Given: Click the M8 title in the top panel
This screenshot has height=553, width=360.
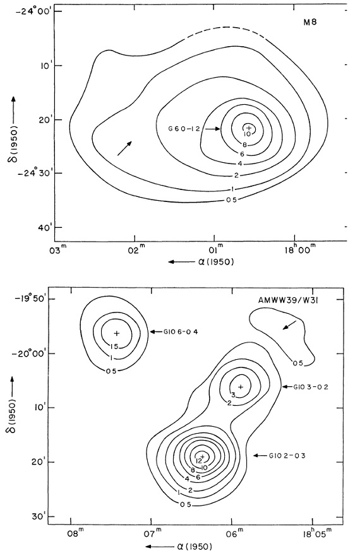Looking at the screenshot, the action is click(x=310, y=23).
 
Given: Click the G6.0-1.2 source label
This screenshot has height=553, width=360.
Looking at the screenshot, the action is click(x=184, y=129).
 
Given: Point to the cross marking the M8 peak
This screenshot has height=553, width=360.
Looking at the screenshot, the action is click(x=249, y=128).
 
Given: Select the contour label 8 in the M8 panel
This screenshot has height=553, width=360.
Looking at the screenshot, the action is click(x=244, y=145).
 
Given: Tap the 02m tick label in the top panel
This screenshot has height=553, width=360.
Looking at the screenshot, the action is click(x=135, y=249).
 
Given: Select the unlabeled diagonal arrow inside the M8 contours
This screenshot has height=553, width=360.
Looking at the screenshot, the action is click(x=124, y=148).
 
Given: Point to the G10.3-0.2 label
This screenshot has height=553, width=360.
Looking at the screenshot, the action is click(x=311, y=387).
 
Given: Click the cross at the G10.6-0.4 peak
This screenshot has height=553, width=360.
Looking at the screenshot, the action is click(x=117, y=333).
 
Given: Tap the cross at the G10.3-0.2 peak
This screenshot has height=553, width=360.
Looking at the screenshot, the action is click(x=241, y=386).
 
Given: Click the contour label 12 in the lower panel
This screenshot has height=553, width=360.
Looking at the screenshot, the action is click(x=198, y=461).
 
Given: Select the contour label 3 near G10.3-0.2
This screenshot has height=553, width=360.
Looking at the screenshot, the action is click(x=233, y=395).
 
